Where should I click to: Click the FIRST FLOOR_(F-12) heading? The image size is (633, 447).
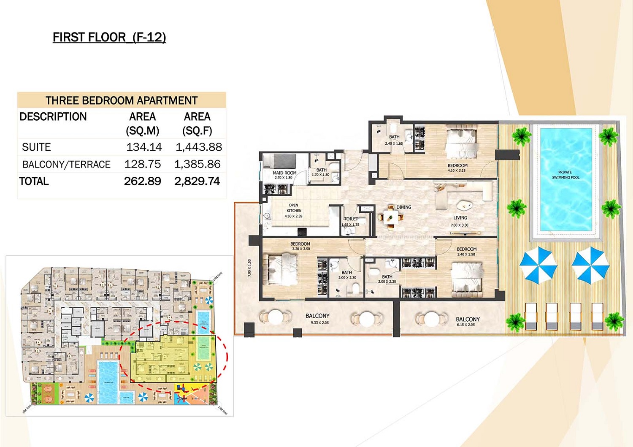109,38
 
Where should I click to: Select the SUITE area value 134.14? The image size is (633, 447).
144,147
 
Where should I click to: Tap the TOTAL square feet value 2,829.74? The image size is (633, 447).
197,182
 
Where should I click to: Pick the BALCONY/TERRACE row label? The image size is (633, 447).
66,164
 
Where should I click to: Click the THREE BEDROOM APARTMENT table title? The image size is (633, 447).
122,100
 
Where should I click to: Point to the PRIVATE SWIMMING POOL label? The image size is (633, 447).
565,175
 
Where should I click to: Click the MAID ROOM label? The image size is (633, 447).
284,173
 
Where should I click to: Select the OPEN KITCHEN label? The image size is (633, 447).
294,208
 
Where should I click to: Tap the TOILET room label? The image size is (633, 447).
351,219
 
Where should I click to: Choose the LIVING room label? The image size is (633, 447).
460,218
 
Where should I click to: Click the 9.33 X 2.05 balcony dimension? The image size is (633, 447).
319,323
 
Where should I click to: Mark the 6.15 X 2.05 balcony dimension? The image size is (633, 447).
465,325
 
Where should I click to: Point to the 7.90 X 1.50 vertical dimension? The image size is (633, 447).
249,268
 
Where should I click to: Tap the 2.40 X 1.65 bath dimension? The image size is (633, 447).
394,144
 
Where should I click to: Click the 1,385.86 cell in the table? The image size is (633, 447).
197,164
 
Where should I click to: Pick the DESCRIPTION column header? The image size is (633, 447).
53,116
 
